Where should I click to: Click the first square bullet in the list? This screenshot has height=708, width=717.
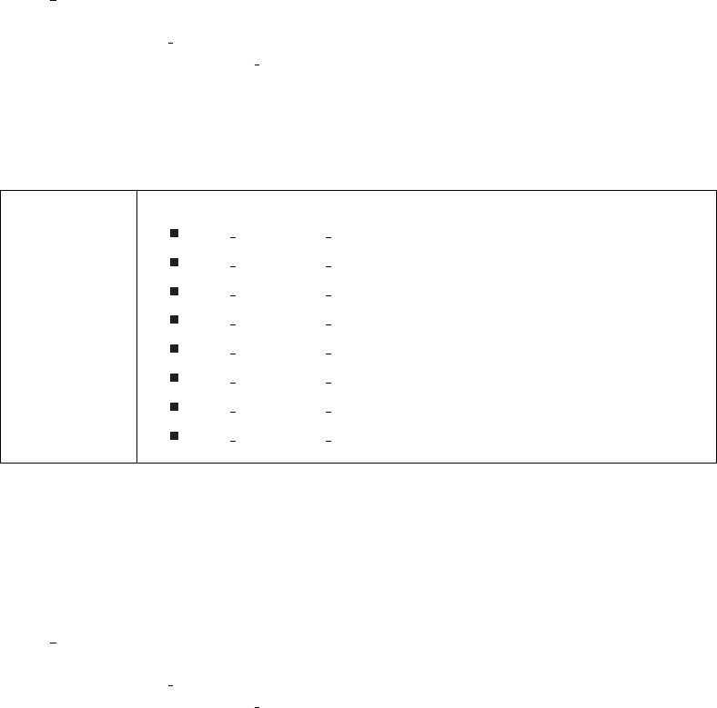[173, 233]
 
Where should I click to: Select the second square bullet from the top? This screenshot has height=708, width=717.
[173, 262]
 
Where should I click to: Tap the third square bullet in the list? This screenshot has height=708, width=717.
[173, 291]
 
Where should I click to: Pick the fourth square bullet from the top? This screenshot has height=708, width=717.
[173, 320]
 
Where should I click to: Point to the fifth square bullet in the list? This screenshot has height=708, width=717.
[173, 349]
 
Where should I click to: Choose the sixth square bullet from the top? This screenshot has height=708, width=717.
[173, 377]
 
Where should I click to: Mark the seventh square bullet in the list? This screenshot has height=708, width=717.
[173, 406]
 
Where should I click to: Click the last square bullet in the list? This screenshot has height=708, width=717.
[173, 435]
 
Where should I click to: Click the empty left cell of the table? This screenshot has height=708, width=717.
[69, 326]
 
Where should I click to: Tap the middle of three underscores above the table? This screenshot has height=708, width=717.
[171, 44]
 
